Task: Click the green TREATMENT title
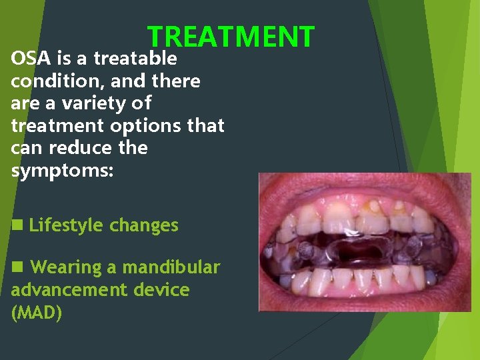pos(231,37)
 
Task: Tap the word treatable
pos(135,59)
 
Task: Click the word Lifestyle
pos(67,225)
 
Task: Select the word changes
pos(144,225)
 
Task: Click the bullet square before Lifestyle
pos(17,225)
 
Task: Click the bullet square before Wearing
pos(17,267)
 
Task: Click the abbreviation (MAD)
pos(37,313)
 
